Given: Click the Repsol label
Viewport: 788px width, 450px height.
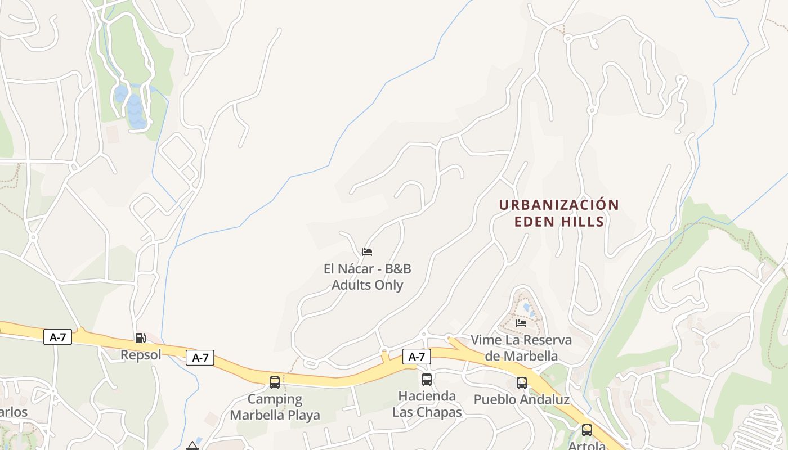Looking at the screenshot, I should tap(141, 355).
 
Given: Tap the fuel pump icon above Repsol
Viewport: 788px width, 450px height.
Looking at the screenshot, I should tap(140, 337).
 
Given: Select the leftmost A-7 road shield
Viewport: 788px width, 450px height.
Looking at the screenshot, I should tap(57, 337).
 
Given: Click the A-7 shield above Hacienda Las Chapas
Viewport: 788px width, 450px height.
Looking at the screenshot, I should tap(417, 356).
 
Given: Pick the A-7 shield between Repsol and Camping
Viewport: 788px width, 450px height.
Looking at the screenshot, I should tap(200, 357).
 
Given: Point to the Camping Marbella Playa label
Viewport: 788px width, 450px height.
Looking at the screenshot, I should tap(275, 407).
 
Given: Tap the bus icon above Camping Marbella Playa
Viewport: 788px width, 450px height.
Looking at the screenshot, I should tap(275, 382).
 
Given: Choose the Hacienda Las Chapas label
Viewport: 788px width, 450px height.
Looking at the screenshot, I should tap(427, 404).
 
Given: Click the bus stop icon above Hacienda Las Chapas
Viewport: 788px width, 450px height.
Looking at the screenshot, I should tap(427, 380).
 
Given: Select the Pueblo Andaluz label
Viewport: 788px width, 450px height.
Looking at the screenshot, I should tap(522, 400).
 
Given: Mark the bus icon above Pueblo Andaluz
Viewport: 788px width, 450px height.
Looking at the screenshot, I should tap(522, 383).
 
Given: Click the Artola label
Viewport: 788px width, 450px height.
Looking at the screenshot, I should tap(587, 446).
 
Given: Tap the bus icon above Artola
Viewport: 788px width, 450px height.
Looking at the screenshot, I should tap(587, 430).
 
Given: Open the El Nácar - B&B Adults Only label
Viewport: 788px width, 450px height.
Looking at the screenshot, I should tap(367, 277).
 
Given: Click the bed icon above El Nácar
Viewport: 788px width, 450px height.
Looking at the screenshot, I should tap(367, 251).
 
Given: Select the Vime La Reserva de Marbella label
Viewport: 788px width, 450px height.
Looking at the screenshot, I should tap(521, 348).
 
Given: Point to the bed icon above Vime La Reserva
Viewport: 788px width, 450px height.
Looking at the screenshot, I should tap(521, 323).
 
